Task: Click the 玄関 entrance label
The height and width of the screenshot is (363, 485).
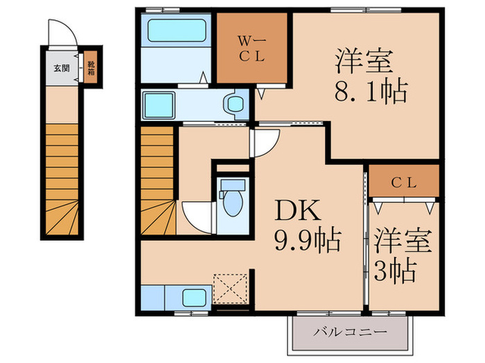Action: [x=62, y=68]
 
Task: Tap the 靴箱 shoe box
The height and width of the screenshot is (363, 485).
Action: [x=91, y=68]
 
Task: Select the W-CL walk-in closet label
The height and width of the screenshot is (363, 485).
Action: [x=251, y=49]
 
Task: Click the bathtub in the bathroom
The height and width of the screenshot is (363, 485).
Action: [x=177, y=30]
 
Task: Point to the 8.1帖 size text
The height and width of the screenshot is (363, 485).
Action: [x=371, y=91]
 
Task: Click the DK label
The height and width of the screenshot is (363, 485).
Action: [x=297, y=210]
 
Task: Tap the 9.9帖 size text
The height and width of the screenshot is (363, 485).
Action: [x=308, y=240]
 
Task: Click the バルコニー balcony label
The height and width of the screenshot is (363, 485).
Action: [x=350, y=332]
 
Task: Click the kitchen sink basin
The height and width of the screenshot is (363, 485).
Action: [x=194, y=298]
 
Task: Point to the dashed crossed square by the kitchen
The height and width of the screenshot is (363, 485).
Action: [x=231, y=288]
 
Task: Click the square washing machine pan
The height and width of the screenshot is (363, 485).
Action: [x=159, y=105]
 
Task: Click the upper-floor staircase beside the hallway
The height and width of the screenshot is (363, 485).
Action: [x=158, y=180]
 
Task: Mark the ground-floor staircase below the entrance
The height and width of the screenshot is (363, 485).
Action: [x=62, y=179]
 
